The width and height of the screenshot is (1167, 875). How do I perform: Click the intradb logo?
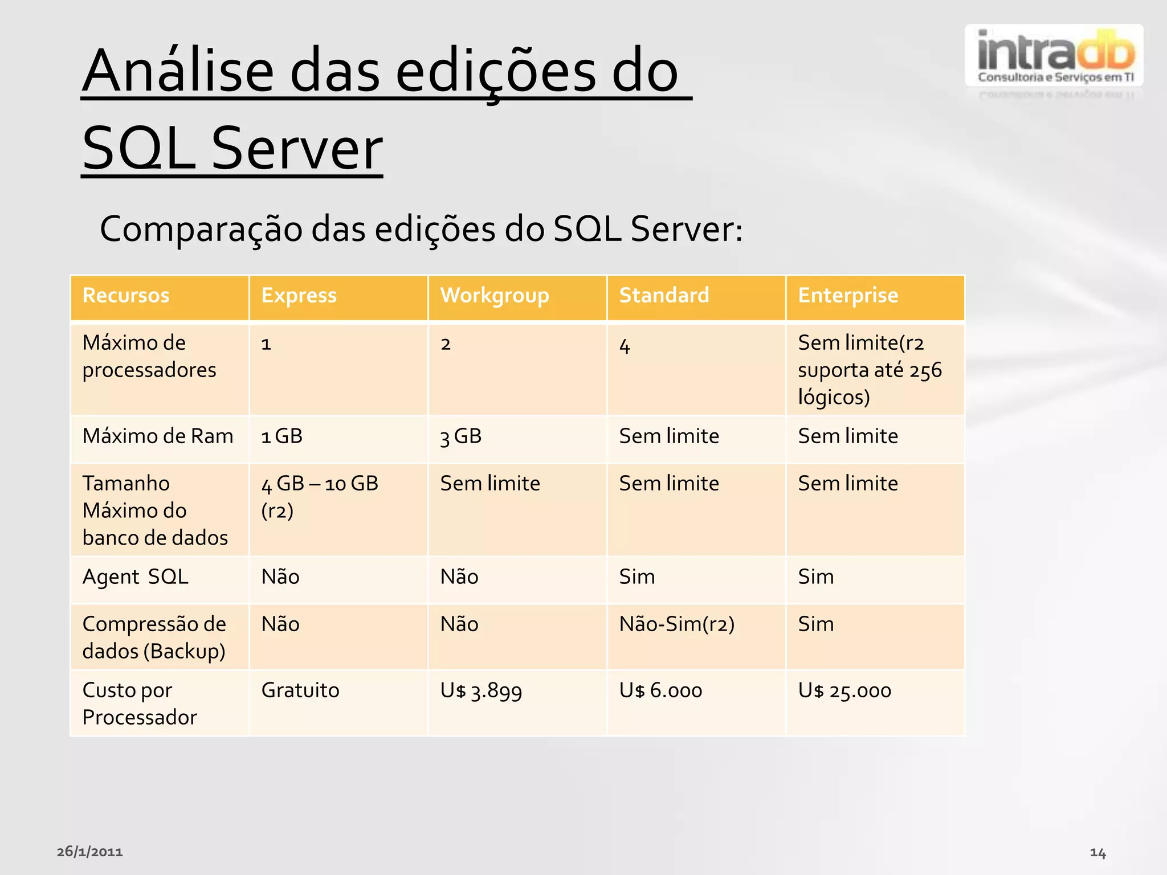pyautogui.click(x=1054, y=56)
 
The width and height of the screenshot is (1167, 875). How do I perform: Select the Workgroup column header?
pyautogui.click(x=494, y=296)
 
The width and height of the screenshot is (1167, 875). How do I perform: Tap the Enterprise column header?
pyautogui.click(x=848, y=296)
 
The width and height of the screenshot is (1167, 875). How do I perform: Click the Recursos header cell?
pyautogui.click(x=126, y=296)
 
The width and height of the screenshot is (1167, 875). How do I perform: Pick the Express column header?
pyautogui.click(x=299, y=296)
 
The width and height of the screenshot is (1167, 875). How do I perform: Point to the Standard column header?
pyautogui.click(x=664, y=296)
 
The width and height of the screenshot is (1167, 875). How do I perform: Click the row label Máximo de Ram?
pyautogui.click(x=158, y=436)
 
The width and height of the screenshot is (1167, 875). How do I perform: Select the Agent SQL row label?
pyautogui.click(x=135, y=577)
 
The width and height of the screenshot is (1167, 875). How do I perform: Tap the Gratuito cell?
pyautogui.click(x=300, y=690)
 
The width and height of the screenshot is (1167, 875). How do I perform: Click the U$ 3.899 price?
pyautogui.click(x=481, y=691)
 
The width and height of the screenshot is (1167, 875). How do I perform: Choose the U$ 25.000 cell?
pyautogui.click(x=844, y=691)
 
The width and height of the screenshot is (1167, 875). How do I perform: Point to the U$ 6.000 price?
pyautogui.click(x=660, y=691)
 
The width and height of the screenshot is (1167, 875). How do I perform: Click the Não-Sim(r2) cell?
pyautogui.click(x=677, y=624)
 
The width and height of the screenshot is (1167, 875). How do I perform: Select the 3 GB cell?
pyautogui.click(x=461, y=437)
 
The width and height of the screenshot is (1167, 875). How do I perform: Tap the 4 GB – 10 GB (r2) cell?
pyautogui.click(x=320, y=496)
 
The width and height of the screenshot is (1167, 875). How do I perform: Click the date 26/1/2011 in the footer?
pyautogui.click(x=90, y=852)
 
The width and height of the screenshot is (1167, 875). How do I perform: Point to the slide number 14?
pyautogui.click(x=1097, y=853)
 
